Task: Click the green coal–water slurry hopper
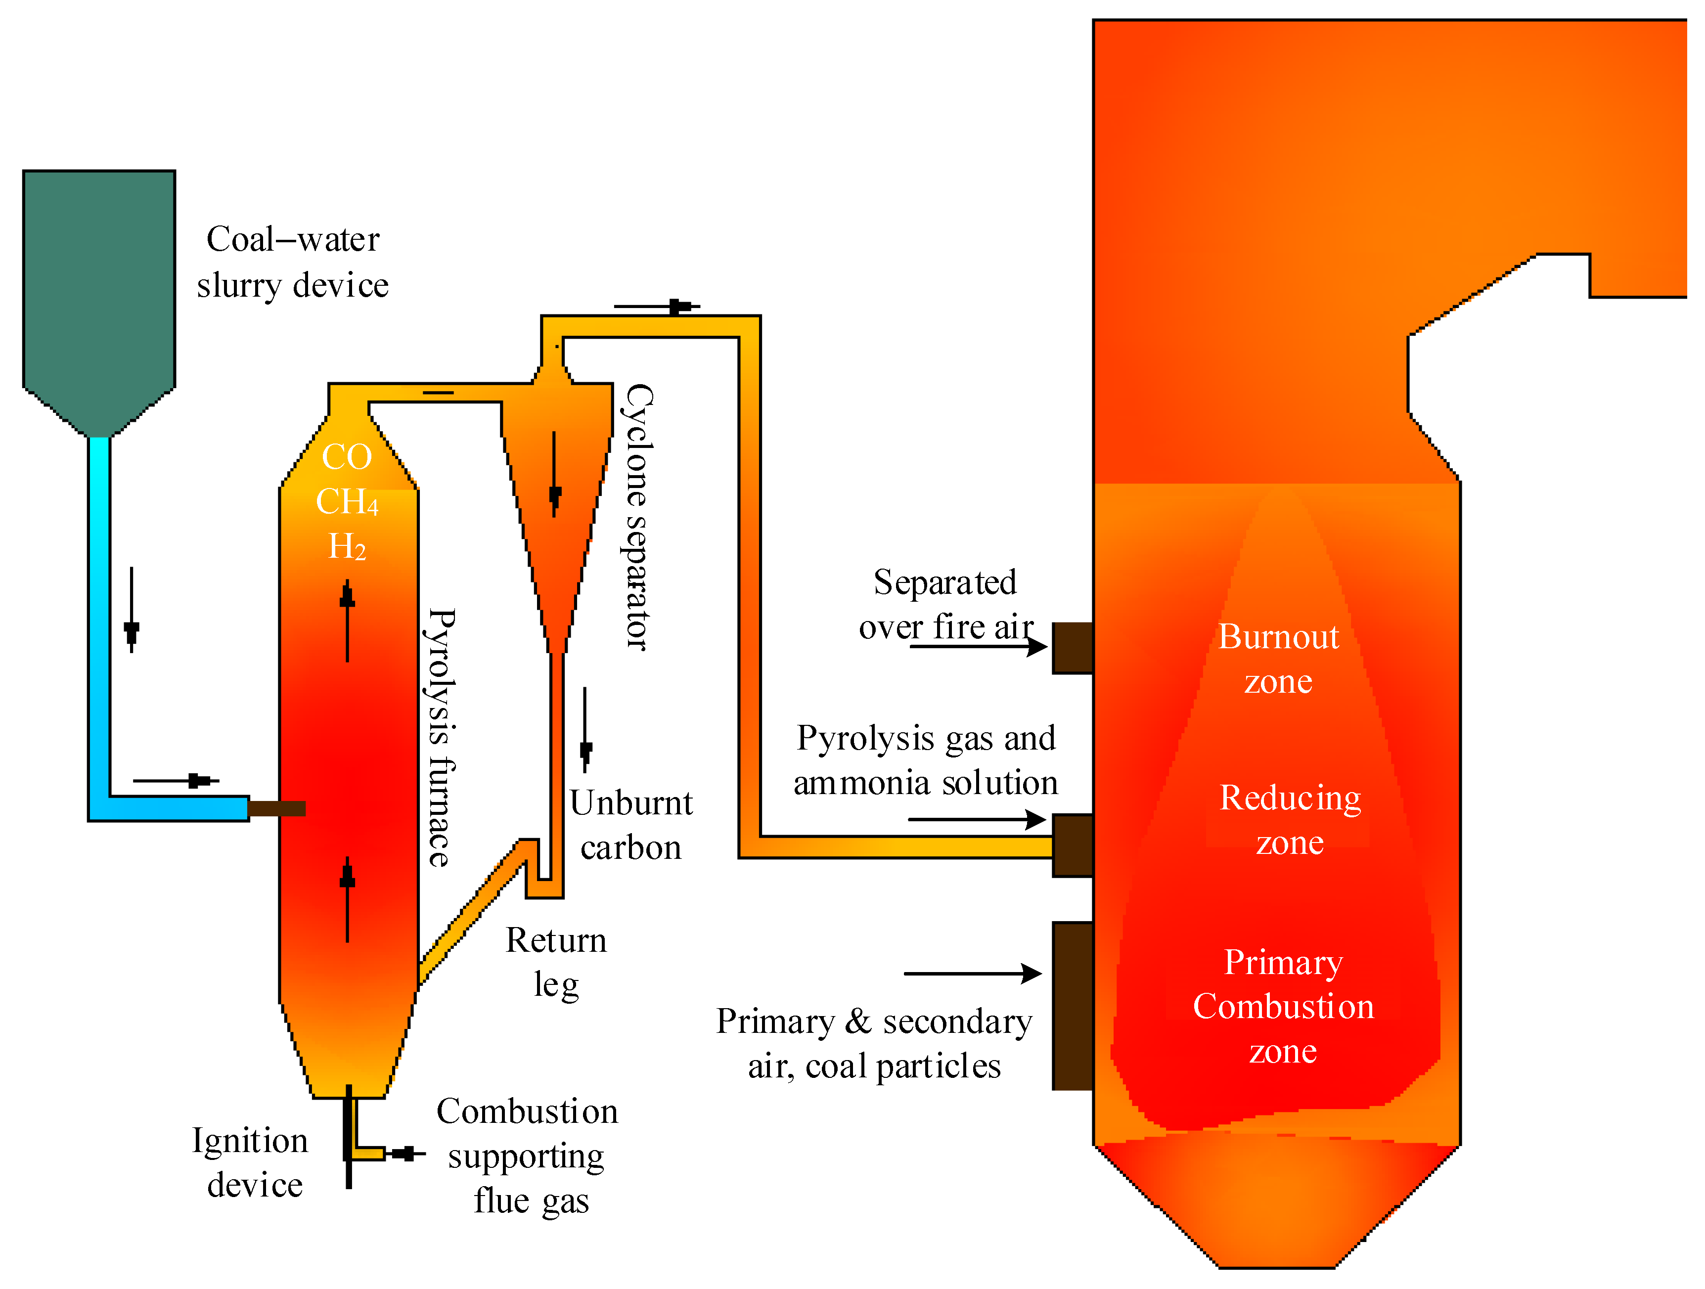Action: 99,293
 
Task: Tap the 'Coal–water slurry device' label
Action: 293,262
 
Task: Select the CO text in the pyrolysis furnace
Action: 347,457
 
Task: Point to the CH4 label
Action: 347,502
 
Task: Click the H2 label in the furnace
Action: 347,546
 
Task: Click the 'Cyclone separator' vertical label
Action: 638,517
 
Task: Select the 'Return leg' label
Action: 556,962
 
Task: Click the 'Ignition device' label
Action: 251,1162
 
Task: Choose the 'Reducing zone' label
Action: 1290,819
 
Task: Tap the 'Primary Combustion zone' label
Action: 1283,1006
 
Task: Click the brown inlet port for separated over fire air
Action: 1072,648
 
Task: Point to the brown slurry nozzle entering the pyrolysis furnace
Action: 277,808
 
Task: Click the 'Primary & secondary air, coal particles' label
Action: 874,1044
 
